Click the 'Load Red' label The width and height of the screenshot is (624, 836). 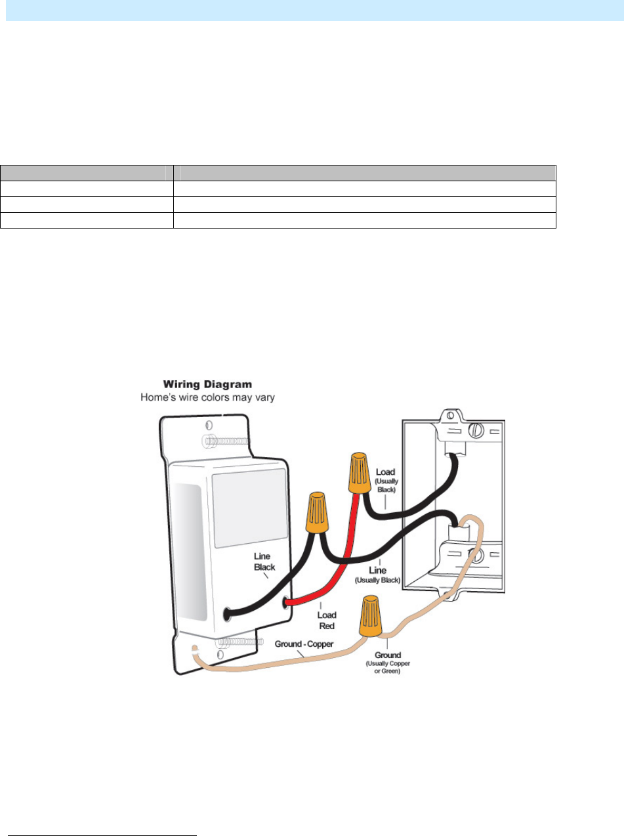(327, 620)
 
